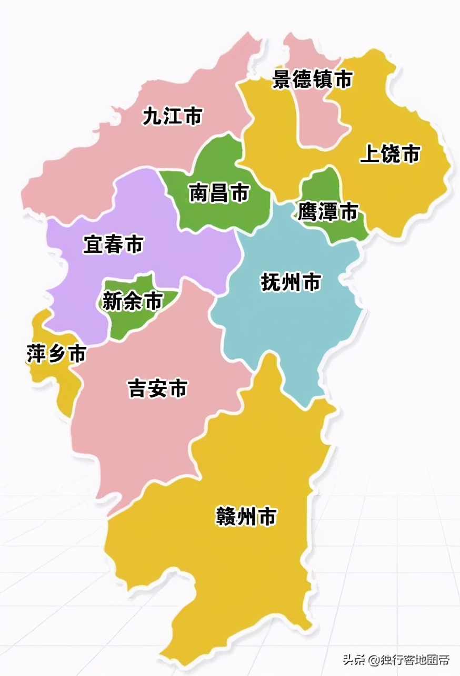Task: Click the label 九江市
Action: point(173,116)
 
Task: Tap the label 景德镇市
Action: point(312,79)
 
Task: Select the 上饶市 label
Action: point(390,154)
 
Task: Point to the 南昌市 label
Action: point(219,193)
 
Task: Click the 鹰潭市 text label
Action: point(327,212)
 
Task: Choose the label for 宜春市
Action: point(113,244)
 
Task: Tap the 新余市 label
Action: point(132,301)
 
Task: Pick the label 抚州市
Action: point(291,282)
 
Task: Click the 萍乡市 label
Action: point(56,354)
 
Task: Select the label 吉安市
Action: point(157,389)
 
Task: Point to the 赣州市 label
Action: point(246,517)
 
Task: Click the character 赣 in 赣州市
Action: point(226,517)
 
